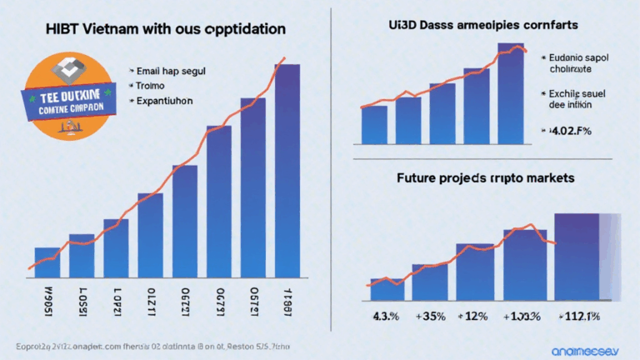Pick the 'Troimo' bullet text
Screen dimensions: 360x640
(155, 85)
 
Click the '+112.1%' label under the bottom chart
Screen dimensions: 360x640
(579, 317)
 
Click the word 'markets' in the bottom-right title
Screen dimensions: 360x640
(550, 178)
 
